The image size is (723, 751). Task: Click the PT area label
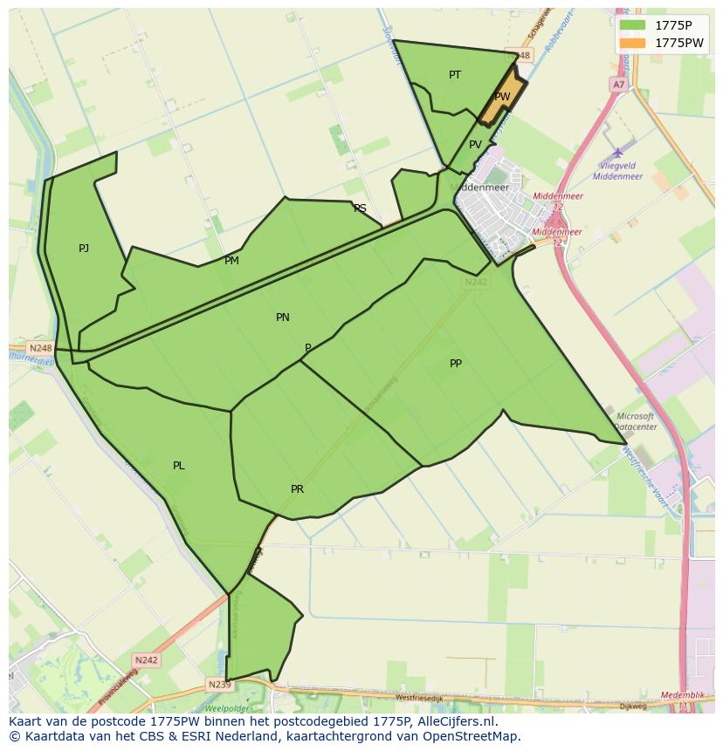coord(455,75)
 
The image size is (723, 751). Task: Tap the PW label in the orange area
coord(502,97)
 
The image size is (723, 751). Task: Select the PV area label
coord(475,145)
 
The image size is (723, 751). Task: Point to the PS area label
coord(360,208)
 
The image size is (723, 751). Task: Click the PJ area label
coord(84,249)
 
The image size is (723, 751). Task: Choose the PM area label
coord(231,261)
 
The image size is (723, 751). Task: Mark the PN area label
coord(282,317)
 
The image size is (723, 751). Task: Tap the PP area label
coord(456,364)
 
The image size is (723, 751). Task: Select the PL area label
coord(178,466)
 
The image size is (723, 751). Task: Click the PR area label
coord(297,489)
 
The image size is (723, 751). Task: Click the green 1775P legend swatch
coord(632,25)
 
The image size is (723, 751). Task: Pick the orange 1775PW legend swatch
coord(632,43)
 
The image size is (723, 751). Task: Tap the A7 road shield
coord(618,85)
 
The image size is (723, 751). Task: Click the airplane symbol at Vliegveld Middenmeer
coord(618,153)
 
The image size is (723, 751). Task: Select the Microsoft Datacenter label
coord(635,422)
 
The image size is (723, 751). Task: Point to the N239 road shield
coord(220,685)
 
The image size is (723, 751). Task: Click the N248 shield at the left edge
coord(40,348)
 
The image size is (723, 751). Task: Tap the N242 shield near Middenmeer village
coord(476,282)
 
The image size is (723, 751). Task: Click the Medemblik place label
coord(683,695)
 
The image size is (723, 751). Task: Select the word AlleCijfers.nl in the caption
coord(453,721)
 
